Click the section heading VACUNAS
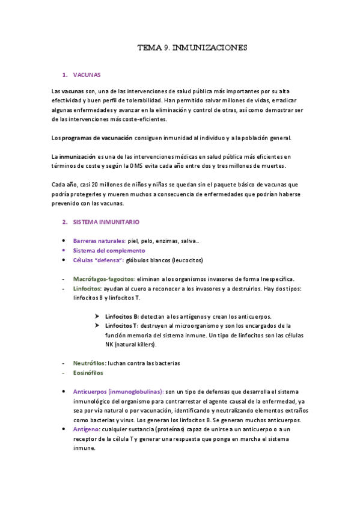(x=87, y=75)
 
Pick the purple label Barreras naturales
(x=99, y=241)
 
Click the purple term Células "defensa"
(x=98, y=260)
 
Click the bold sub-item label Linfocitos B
(x=122, y=316)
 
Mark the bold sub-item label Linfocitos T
(x=122, y=325)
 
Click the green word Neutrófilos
(x=89, y=363)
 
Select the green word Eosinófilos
(x=89, y=373)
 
